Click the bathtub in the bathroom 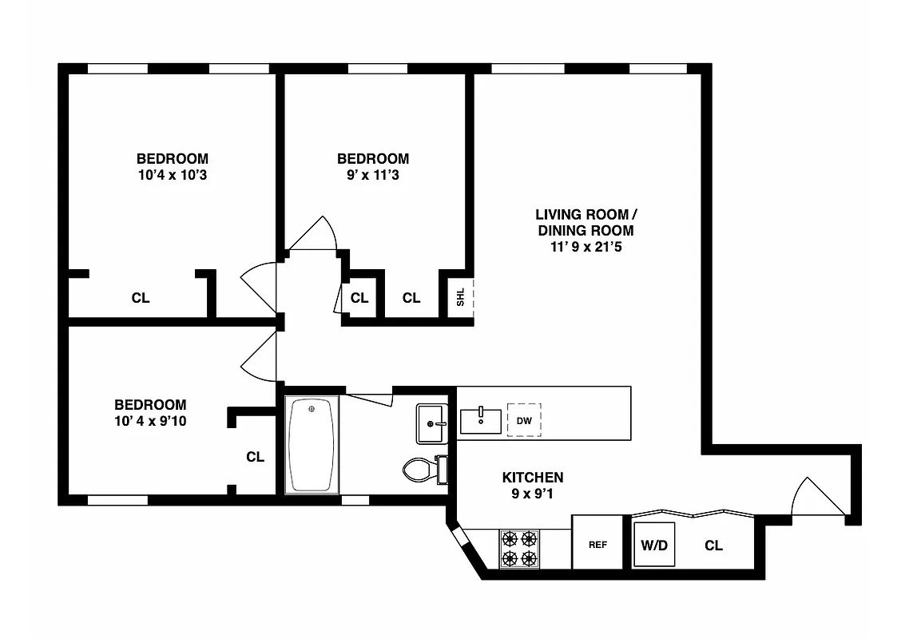pos(312,445)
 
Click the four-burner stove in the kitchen pos(519,549)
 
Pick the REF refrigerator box pos(597,545)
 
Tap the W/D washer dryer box pos(654,546)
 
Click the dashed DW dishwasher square pos(524,420)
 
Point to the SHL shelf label pos(461,298)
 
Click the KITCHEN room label pos(532,478)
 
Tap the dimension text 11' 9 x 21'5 pos(585,248)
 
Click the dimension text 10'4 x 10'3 pos(172,175)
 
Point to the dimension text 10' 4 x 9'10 pos(150,421)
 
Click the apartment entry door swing pos(815,499)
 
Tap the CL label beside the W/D pos(713,546)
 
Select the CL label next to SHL pos(411,298)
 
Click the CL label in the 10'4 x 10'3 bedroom pos(141,298)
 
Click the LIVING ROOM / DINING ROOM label pos(586,223)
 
